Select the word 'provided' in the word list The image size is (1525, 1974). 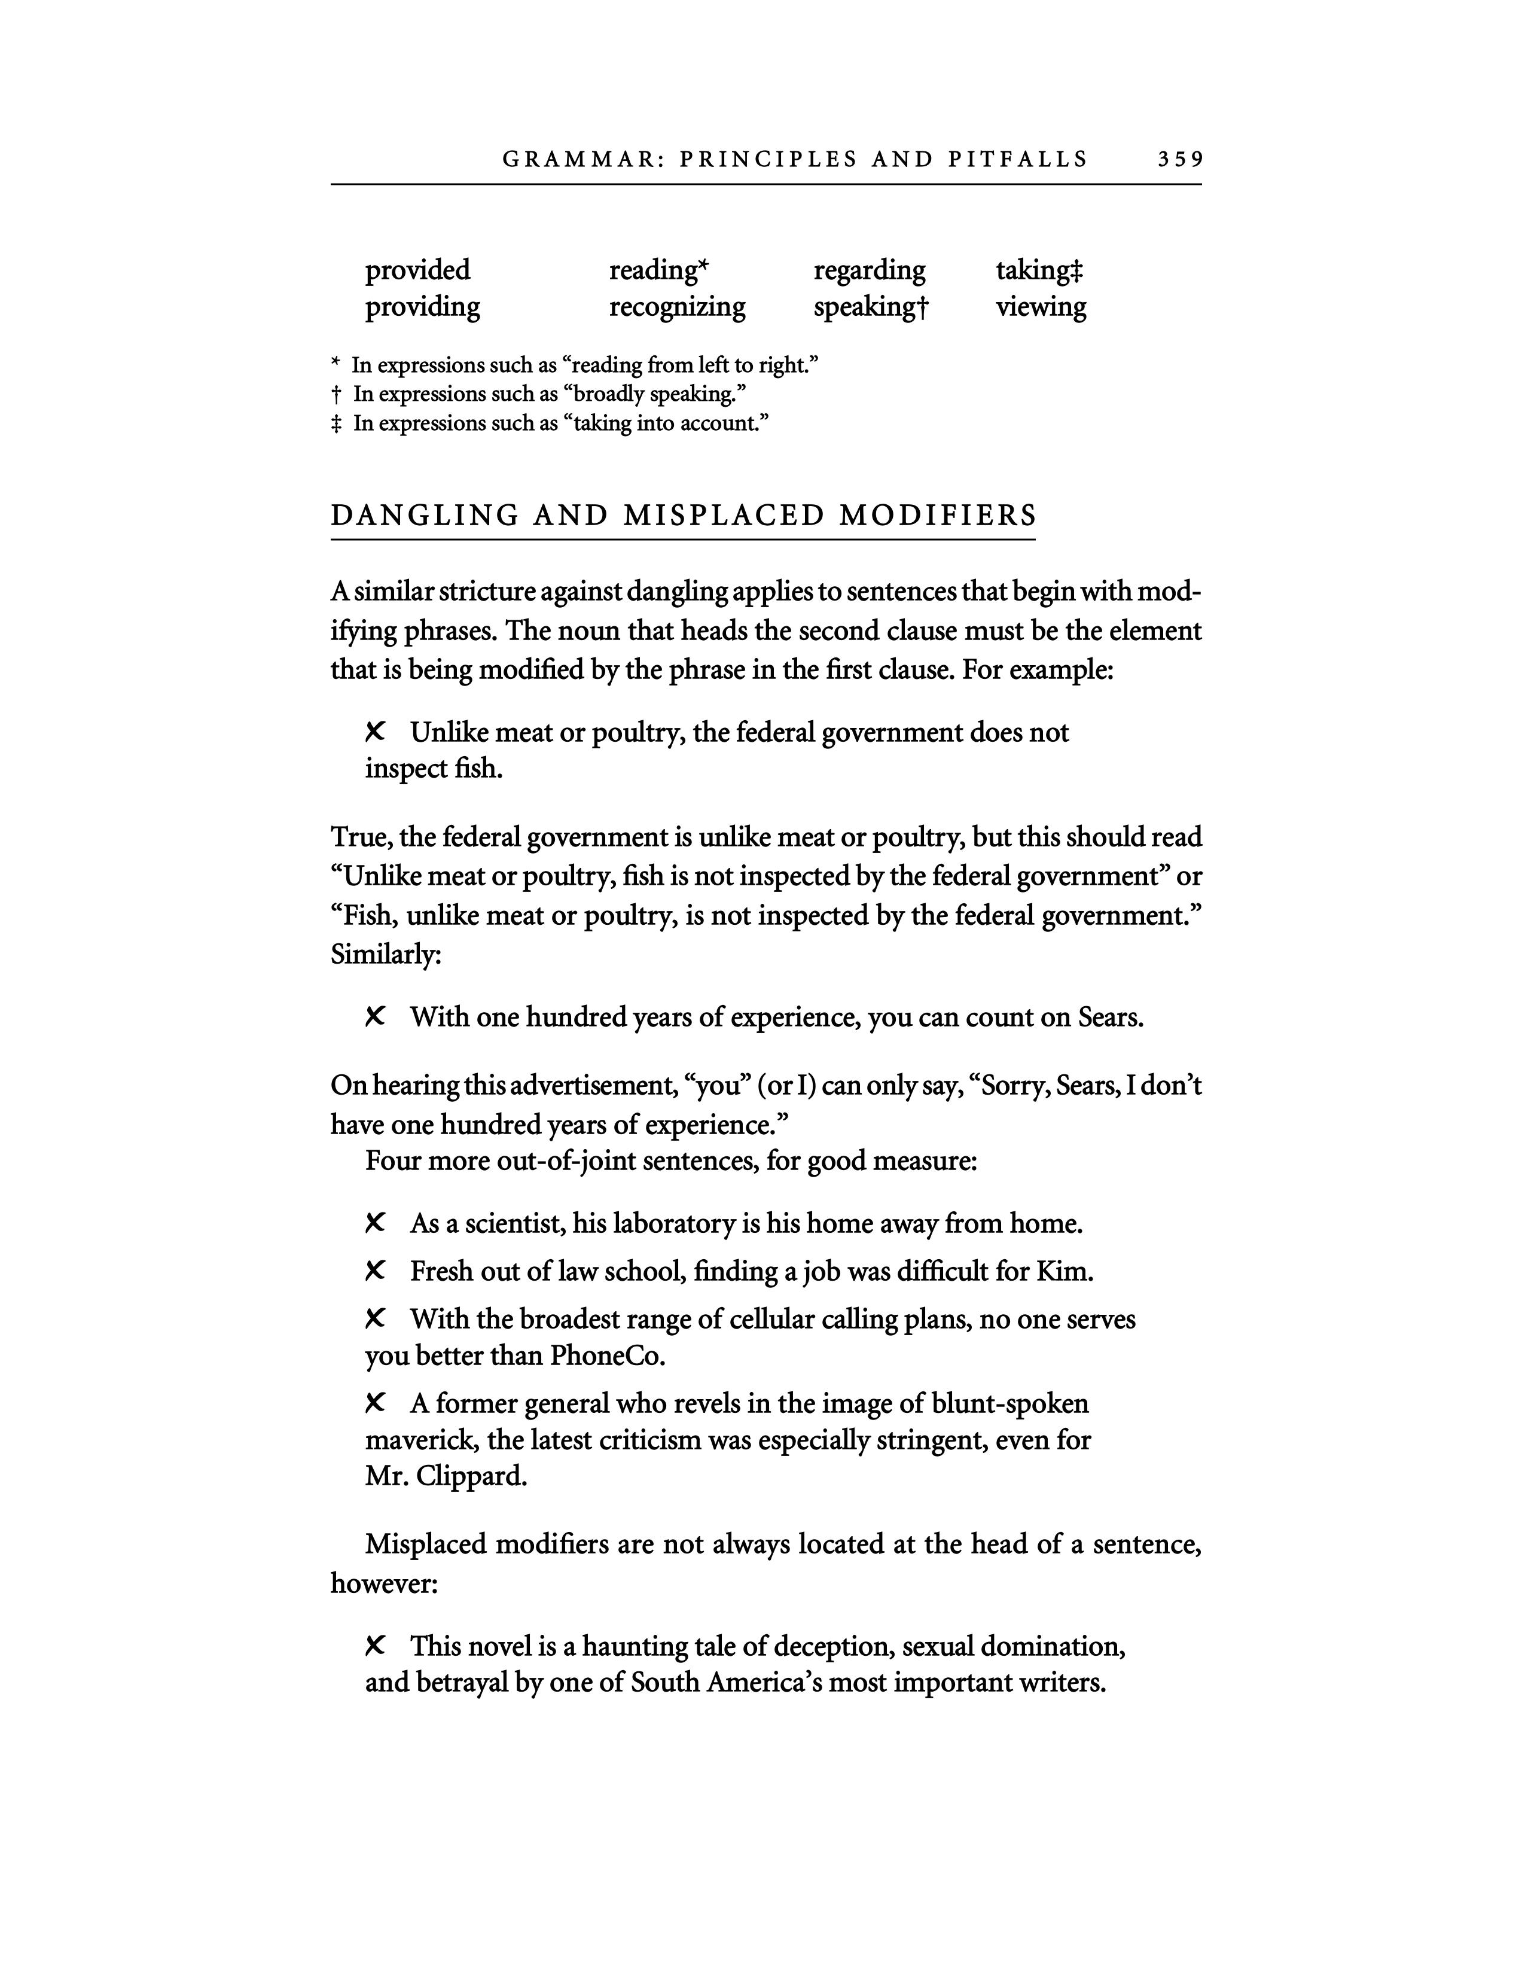[417, 270]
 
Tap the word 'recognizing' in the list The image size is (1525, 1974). [676, 307]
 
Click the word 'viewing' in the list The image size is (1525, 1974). [1041, 307]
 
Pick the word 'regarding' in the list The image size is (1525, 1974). [869, 270]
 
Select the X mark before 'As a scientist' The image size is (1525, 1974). [375, 1223]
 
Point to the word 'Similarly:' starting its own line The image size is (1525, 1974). [386, 955]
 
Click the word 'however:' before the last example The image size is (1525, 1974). [384, 1583]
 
